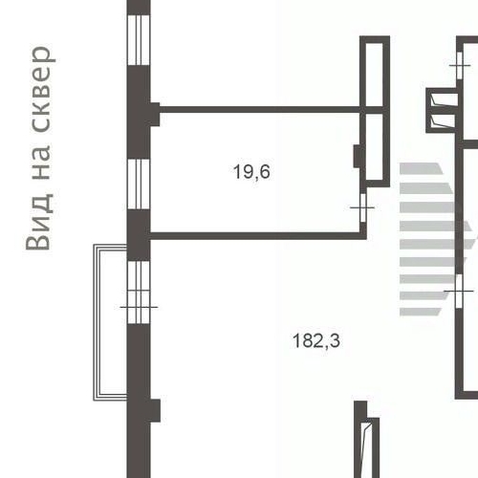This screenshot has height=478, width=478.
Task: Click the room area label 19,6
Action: tap(251, 172)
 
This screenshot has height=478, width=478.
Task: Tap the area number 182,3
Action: tap(316, 340)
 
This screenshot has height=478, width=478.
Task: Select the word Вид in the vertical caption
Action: tap(39, 222)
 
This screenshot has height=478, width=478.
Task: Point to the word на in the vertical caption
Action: tap(41, 162)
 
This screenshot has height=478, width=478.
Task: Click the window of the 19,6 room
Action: tap(139, 184)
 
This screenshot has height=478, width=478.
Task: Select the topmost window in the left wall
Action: tap(139, 40)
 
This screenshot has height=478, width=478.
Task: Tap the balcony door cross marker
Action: tap(139, 307)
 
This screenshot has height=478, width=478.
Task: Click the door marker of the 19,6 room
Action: tap(362, 207)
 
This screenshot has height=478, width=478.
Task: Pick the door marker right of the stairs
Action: tap(459, 292)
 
